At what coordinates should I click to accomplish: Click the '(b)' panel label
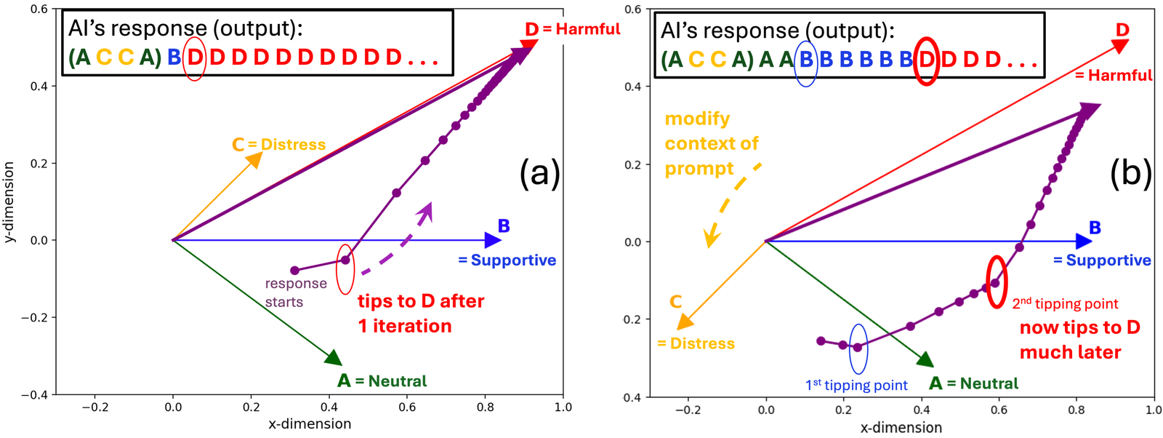[x=1131, y=174]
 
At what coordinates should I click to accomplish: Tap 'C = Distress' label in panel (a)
[x=279, y=145]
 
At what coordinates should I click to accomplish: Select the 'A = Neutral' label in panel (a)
[x=382, y=381]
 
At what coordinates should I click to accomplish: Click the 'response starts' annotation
[x=295, y=292]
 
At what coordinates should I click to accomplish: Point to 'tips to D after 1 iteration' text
[x=420, y=314]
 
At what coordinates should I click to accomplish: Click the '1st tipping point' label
[x=856, y=386]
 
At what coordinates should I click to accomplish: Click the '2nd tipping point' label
[x=1065, y=304]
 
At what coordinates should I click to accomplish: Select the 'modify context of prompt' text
[x=711, y=143]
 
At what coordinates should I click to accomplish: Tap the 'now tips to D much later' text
[x=1079, y=340]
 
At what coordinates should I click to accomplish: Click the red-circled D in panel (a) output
[x=195, y=57]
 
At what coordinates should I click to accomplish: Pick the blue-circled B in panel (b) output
[x=806, y=60]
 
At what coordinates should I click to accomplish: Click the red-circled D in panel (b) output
[x=926, y=60]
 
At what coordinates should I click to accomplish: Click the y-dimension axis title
[x=9, y=202]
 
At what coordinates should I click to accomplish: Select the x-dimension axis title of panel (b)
[x=901, y=428]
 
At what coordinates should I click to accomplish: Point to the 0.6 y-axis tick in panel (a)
[x=39, y=9]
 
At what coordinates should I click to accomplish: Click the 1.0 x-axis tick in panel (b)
[x=1154, y=410]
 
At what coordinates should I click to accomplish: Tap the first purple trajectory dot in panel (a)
[x=294, y=271]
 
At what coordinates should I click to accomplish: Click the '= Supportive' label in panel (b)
[x=1102, y=260]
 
